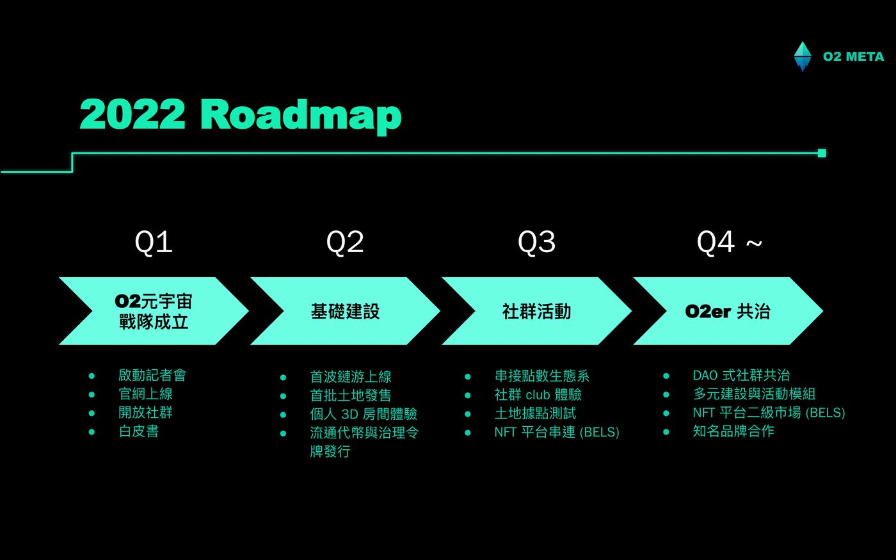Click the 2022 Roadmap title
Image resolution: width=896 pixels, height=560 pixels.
(x=241, y=115)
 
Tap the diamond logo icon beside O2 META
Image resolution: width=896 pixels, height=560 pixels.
(x=803, y=56)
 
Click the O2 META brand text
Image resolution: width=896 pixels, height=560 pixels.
(x=854, y=57)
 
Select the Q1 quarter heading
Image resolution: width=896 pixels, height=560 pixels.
(x=154, y=243)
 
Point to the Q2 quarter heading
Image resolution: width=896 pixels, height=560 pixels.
(x=345, y=243)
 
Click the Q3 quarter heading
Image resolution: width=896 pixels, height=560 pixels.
(x=536, y=243)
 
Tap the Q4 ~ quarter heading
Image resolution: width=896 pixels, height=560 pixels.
(x=730, y=243)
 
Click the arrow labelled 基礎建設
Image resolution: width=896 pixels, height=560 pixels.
(x=345, y=311)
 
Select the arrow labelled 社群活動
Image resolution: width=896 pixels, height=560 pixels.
(x=536, y=311)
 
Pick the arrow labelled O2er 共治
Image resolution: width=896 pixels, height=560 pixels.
(x=728, y=311)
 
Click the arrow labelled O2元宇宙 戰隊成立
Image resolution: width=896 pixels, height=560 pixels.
(x=154, y=311)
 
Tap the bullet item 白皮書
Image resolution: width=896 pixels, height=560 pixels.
(x=139, y=431)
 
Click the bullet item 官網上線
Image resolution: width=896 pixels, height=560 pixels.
(x=146, y=394)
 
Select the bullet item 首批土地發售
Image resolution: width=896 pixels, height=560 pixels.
(x=351, y=396)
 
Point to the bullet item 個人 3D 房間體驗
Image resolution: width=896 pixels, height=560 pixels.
(x=364, y=414)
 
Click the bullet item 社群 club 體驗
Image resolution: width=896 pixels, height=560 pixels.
(x=538, y=395)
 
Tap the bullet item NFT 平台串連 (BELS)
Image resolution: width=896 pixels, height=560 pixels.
(x=557, y=432)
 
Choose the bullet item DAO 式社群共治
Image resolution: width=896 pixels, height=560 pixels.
(x=741, y=375)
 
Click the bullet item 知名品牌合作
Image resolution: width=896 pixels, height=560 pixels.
(x=733, y=431)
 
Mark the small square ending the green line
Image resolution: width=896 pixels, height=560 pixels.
(x=822, y=153)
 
